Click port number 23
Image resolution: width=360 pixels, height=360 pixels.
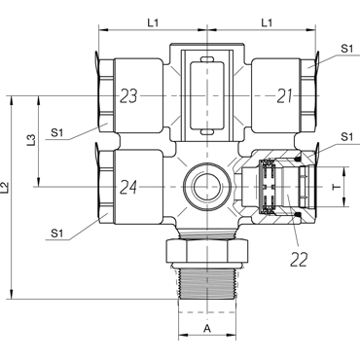128,96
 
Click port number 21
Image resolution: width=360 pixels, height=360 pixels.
284,96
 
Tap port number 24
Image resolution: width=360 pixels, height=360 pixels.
128,187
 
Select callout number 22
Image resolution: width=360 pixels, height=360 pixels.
299,259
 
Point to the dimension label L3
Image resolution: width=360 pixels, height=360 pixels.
31,140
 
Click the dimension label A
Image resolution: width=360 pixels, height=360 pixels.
207,329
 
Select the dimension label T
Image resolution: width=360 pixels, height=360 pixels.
337,187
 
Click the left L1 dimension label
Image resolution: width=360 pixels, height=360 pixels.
153,22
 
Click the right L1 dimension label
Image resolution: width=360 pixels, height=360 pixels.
267,22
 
